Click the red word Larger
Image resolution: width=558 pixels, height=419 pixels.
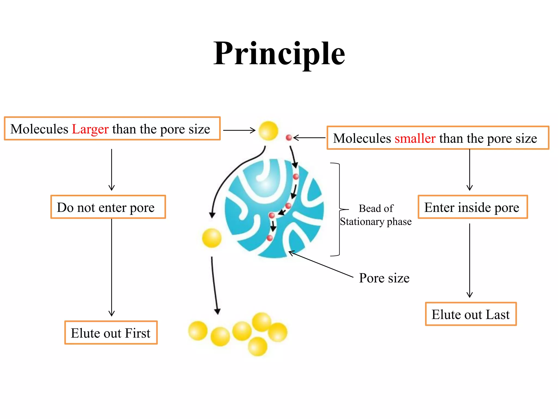tap(90, 129)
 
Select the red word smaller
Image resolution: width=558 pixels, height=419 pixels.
tap(415, 138)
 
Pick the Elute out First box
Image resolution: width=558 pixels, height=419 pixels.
tap(111, 333)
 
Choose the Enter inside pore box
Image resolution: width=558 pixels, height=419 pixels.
tap(473, 207)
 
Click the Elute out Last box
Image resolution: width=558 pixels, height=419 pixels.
tap(471, 314)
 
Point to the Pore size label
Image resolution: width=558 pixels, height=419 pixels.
tap(384, 278)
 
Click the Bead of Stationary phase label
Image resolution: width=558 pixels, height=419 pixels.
tap(376, 215)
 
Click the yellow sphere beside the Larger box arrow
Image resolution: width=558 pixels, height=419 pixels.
tap(268, 131)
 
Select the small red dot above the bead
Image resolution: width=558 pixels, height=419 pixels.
tap(289, 138)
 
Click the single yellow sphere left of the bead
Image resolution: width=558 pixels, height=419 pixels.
tap(212, 238)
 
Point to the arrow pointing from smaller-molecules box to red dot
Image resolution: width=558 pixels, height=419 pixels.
tap(309, 138)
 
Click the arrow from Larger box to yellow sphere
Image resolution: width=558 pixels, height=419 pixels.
tap(239, 130)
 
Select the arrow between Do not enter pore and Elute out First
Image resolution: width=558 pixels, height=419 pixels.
tap(112, 267)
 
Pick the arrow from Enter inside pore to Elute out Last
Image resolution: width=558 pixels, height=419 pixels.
tap(470, 261)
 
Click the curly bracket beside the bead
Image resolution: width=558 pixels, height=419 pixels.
tap(338, 209)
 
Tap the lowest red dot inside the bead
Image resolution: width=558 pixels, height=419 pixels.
tap(270, 238)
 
